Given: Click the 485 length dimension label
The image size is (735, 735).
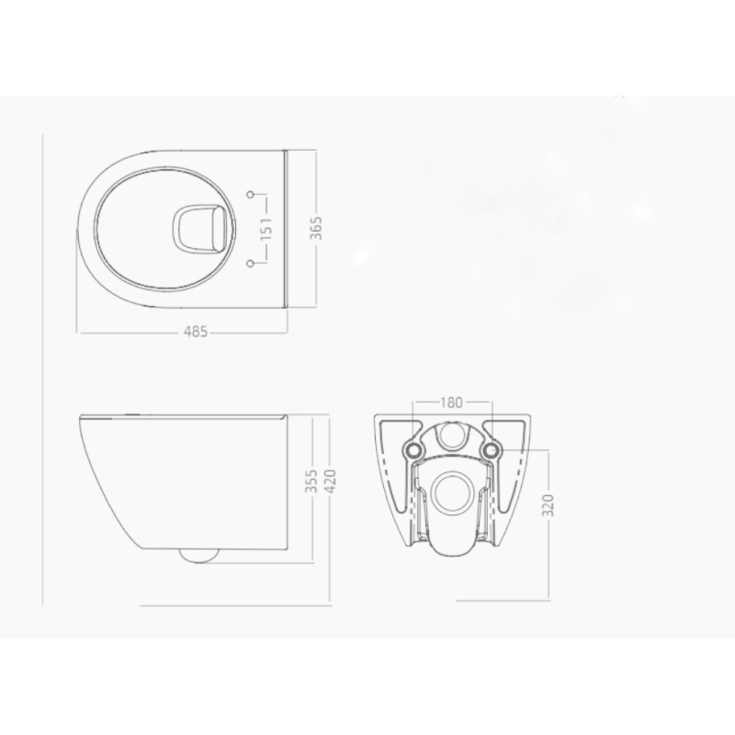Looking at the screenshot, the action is [196, 332].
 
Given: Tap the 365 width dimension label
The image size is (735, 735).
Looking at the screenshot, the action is [316, 228].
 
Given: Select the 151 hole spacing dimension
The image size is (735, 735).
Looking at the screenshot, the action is [266, 228].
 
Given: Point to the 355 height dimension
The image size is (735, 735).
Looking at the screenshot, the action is [311, 481].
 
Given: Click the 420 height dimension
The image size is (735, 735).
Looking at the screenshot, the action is [330, 481].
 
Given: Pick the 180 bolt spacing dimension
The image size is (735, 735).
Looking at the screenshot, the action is [451, 402].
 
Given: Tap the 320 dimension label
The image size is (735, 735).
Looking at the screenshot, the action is [549, 504].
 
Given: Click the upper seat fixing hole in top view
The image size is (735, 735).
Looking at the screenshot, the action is [251, 194].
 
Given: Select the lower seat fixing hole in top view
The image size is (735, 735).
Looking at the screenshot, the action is [251, 264].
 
